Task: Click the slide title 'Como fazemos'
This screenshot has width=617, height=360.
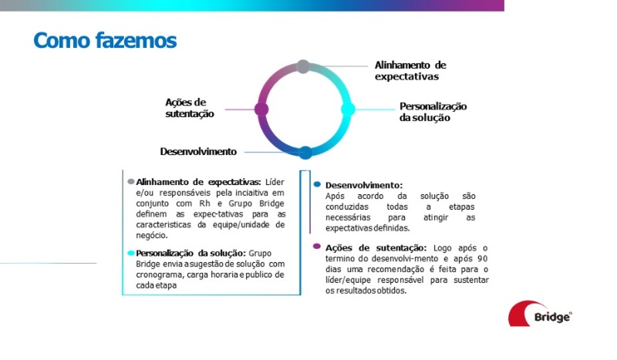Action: pyautogui.click(x=105, y=40)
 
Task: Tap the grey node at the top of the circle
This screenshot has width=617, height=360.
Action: pyautogui.click(x=303, y=67)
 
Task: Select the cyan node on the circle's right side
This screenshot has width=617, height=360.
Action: pyautogui.click(x=348, y=109)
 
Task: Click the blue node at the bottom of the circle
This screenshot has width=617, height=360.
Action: pyautogui.click(x=305, y=152)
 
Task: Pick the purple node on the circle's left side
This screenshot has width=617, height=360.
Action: pyautogui.click(x=261, y=109)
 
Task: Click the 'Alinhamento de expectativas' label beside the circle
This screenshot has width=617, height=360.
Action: pyautogui.click(x=410, y=71)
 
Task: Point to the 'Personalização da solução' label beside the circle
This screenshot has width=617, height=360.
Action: pyautogui.click(x=433, y=112)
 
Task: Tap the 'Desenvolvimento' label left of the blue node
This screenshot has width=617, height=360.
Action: pyautogui.click(x=198, y=151)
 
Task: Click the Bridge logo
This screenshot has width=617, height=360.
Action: pyautogui.click(x=540, y=315)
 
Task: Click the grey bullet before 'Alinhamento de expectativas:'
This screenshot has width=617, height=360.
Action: pyautogui.click(x=131, y=181)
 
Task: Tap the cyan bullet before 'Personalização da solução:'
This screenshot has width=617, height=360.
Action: pyautogui.click(x=130, y=253)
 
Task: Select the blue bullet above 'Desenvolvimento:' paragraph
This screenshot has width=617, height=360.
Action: pyautogui.click(x=317, y=185)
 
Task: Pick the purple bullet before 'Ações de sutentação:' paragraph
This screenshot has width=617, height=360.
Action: pyautogui.click(x=317, y=247)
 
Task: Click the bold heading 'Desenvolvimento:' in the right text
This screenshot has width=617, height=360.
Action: pyautogui.click(x=363, y=186)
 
